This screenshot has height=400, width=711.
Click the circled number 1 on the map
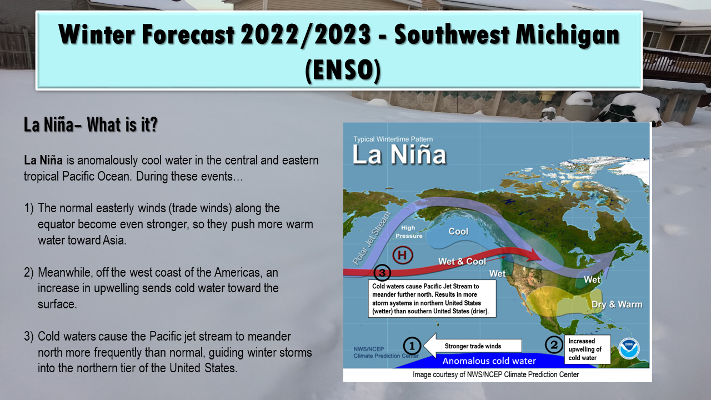point(412,346)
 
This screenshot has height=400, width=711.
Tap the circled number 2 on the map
point(554,345)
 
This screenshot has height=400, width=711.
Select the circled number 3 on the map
point(382,273)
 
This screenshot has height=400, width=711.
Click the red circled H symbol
point(403,255)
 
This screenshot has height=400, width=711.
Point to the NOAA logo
point(629,348)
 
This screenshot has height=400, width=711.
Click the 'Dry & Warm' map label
point(617,304)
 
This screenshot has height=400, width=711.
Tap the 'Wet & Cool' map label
point(462,261)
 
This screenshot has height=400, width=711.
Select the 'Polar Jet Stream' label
point(372,239)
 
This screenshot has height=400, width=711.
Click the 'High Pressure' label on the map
point(409,232)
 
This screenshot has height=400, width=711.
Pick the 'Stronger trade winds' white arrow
point(472,346)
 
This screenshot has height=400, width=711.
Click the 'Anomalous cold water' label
point(489,361)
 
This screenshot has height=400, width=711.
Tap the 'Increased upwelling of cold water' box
point(587,349)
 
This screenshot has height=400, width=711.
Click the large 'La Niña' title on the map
point(399,155)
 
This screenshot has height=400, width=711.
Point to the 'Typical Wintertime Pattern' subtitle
point(393,139)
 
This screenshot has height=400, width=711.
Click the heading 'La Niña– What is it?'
point(91,124)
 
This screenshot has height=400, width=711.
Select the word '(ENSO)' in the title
point(343,70)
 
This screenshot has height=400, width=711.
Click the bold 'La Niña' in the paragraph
point(43,161)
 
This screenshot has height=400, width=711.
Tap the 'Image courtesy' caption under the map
point(496,374)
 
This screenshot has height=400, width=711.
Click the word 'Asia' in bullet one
point(114,241)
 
